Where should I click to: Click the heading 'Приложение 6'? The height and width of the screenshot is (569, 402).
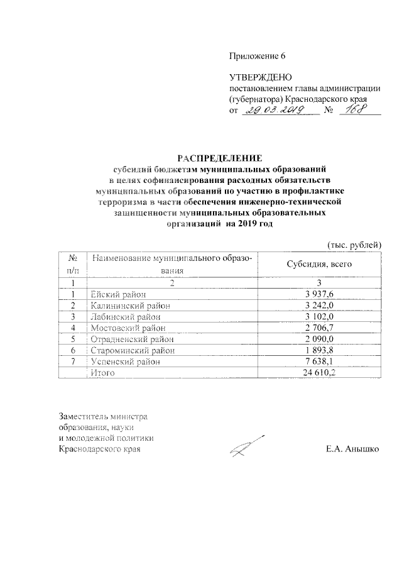(258, 55)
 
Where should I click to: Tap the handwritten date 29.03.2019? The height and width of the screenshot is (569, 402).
(275, 111)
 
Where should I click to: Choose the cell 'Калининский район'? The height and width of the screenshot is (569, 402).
(130, 305)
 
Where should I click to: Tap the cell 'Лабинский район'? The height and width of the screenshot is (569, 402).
(126, 316)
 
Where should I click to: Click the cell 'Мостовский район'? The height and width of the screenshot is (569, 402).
(128, 328)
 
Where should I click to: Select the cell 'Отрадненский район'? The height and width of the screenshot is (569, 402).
(132, 339)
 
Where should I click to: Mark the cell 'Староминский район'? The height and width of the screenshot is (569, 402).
(133, 350)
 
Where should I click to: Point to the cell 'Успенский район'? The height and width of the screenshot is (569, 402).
(125, 362)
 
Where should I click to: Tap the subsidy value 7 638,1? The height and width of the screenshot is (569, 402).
(322, 362)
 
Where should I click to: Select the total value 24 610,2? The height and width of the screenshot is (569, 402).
(320, 373)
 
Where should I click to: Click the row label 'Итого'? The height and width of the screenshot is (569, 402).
(102, 373)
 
